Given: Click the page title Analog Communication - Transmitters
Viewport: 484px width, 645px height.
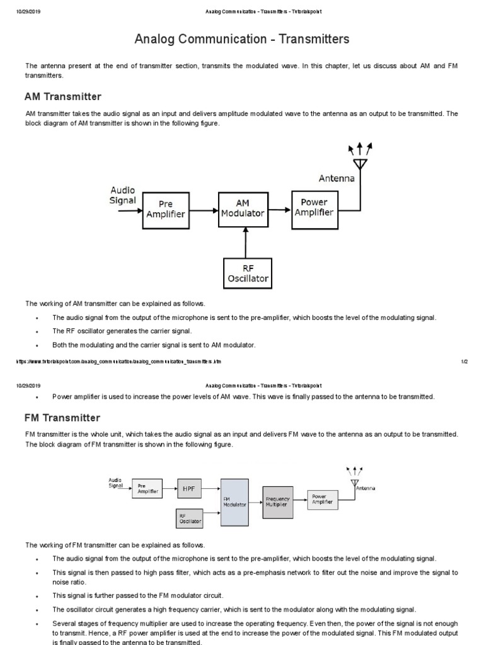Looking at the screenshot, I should point(242,40).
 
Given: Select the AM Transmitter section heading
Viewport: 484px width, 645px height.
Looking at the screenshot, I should point(62,97).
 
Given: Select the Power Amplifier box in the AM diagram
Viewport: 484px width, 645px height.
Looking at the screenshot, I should point(314,207).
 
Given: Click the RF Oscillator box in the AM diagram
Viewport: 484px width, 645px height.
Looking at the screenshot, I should point(248,273).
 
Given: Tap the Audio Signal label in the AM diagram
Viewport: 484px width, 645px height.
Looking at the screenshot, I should point(123,195).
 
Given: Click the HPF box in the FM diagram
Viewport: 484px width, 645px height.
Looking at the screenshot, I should point(190,489).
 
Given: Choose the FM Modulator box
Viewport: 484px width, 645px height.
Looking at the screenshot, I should point(235,501).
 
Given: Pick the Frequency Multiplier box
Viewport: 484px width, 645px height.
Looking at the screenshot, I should point(277,502).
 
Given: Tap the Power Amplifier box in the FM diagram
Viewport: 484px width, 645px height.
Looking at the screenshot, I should point(322,500).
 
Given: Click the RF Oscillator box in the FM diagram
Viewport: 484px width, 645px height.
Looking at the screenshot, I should point(190,518).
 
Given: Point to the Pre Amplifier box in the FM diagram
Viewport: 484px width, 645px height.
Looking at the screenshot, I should point(145,489).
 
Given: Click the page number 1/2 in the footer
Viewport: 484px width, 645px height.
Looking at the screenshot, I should point(464,362).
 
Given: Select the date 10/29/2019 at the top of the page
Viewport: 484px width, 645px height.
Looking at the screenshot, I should point(28,12).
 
